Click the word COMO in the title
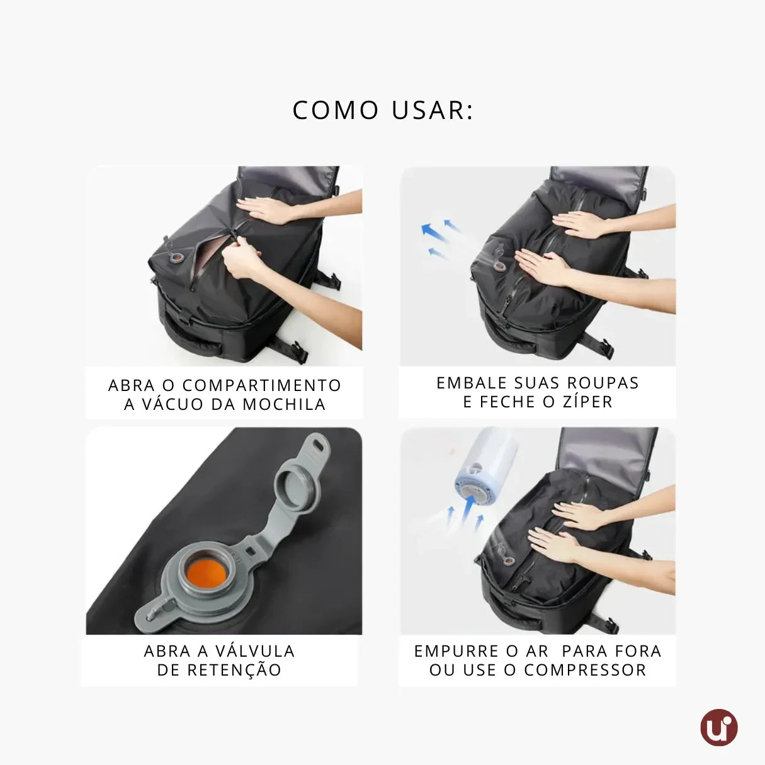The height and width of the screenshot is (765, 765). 336,110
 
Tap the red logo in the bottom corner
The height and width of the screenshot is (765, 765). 718,728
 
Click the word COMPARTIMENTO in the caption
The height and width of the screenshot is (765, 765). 261,385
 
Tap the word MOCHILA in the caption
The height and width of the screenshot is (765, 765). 284,404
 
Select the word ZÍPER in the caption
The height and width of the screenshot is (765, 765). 587,402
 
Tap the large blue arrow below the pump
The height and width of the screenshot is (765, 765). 468,509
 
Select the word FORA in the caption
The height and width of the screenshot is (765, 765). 638,651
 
